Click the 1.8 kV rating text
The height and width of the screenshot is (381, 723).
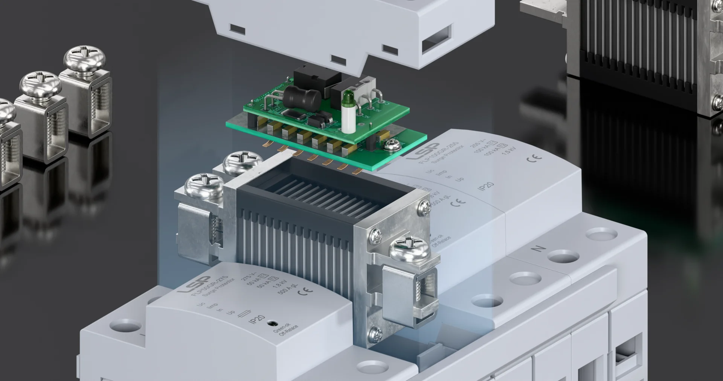coord(280,286)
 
